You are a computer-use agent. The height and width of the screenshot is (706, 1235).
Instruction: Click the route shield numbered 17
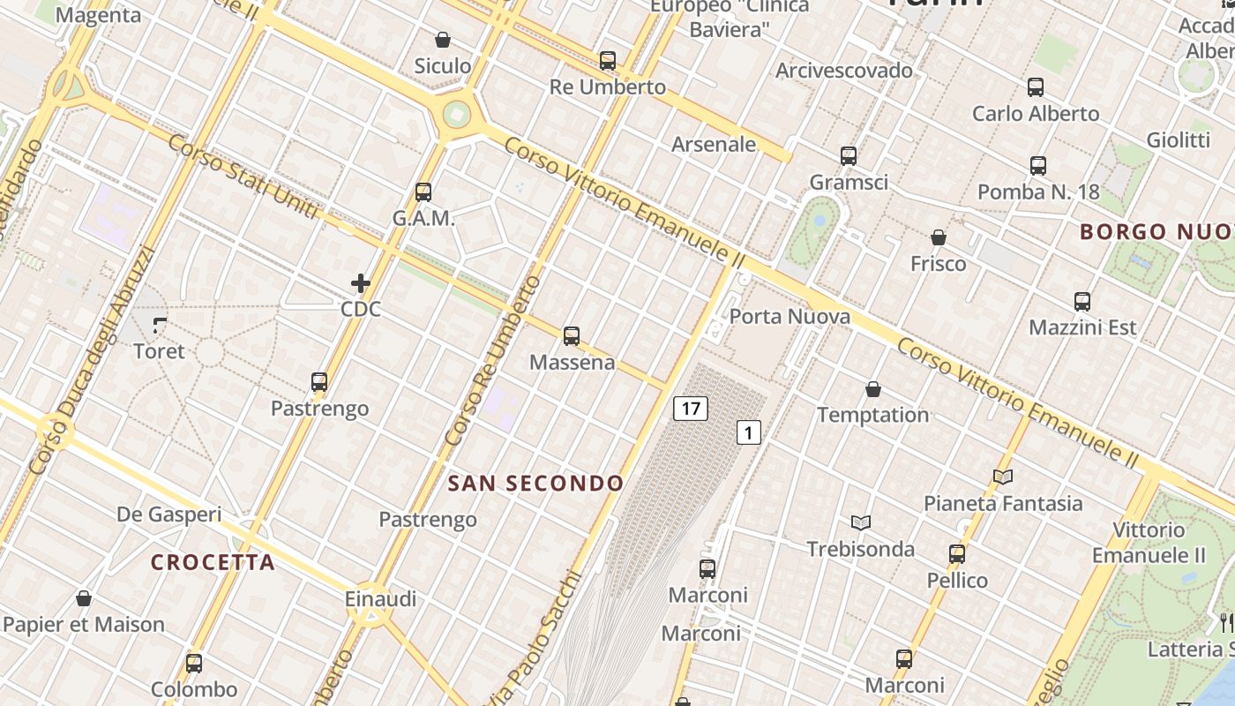[x=691, y=409]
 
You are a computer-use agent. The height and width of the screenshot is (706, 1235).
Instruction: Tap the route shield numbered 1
[x=748, y=432]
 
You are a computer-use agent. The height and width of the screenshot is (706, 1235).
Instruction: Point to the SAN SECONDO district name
[x=535, y=484]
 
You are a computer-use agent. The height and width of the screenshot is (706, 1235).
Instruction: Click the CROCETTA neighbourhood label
[x=213, y=562]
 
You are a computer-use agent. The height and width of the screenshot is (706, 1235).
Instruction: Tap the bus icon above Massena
[x=572, y=336]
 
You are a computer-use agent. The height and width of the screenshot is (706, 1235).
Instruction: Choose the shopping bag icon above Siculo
[x=443, y=40]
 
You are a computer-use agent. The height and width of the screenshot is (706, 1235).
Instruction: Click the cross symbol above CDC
[x=360, y=283]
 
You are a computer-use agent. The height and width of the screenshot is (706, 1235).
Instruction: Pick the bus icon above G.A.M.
[x=423, y=192]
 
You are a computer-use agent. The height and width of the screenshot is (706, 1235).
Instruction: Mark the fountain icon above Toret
[x=159, y=326]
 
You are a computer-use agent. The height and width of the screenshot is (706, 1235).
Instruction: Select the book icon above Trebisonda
[x=861, y=522]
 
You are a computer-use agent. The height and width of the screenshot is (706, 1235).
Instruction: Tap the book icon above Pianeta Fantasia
[x=1002, y=477]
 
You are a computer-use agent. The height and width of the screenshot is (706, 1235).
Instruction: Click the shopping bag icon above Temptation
[x=873, y=389]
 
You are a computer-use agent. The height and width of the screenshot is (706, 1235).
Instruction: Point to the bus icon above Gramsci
[x=849, y=156]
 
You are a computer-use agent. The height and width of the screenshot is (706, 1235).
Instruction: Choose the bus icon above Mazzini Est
[x=1082, y=302]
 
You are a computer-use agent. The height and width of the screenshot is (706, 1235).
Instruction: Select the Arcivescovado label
[x=844, y=71]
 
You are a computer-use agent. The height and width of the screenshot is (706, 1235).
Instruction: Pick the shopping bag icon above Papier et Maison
[x=84, y=599]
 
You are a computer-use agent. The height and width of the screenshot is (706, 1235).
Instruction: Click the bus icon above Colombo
[x=194, y=664]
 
